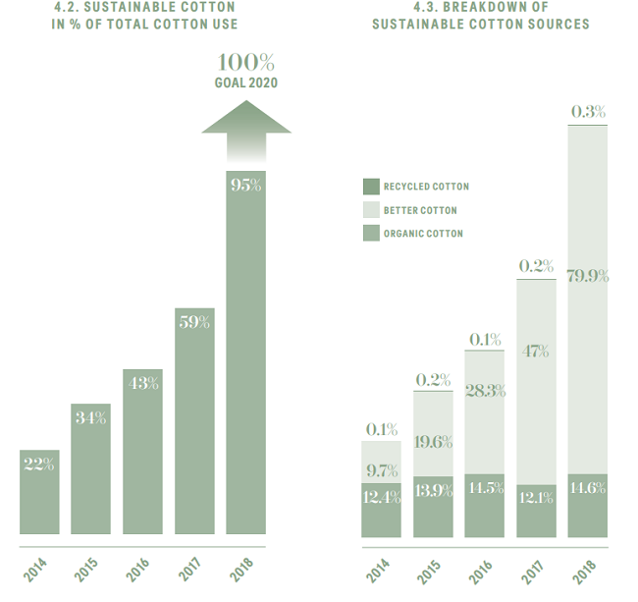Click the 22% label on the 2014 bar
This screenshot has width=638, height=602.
tap(39, 464)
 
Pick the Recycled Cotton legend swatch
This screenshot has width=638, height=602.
tap(370, 187)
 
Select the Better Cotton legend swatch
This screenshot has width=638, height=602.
tap(370, 210)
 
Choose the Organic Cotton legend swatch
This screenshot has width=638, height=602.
tap(370, 234)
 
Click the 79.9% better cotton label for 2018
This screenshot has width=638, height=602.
tap(588, 276)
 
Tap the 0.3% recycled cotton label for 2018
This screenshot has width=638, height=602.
tap(588, 112)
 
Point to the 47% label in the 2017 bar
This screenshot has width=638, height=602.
tap(536, 351)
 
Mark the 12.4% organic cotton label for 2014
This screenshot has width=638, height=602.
tap(381, 498)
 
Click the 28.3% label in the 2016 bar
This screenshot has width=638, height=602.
tap(485, 391)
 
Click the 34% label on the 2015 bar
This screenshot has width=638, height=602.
tap(91, 417)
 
